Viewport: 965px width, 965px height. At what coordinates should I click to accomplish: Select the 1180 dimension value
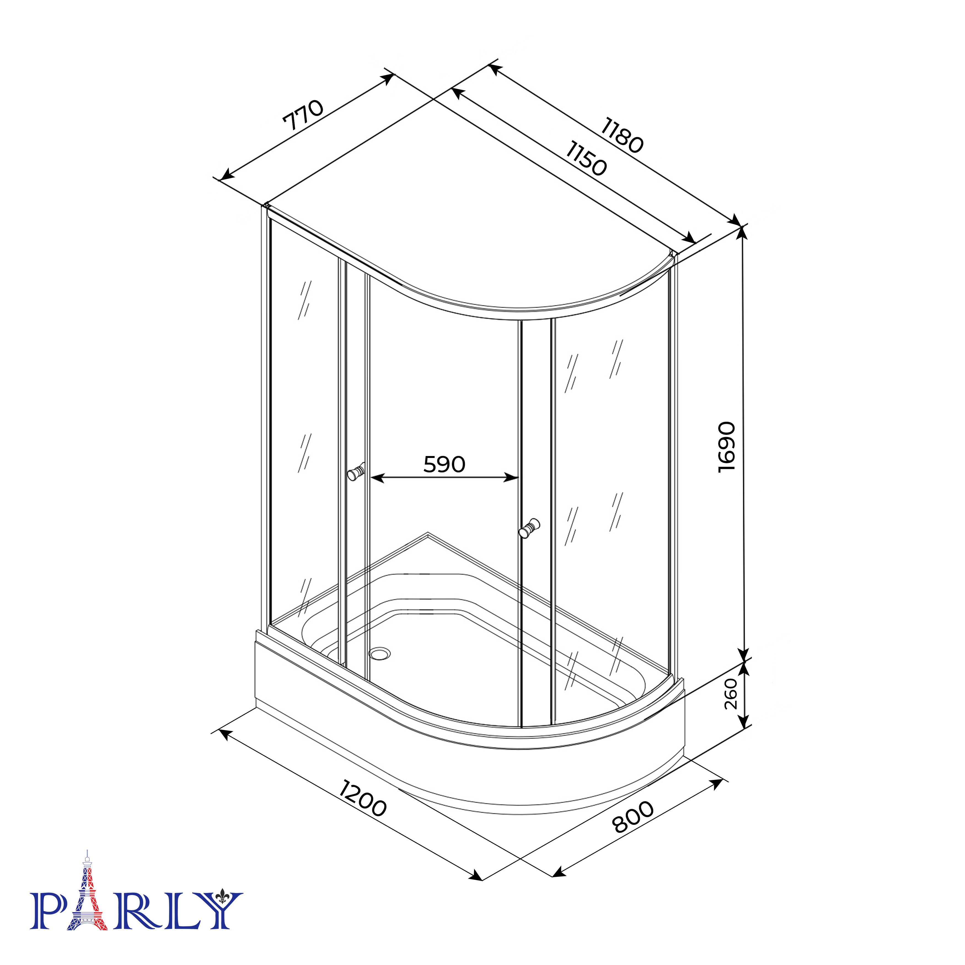(622, 135)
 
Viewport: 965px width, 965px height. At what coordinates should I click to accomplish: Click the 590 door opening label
(444, 465)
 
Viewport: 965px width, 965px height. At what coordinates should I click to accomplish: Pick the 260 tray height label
(731, 693)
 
